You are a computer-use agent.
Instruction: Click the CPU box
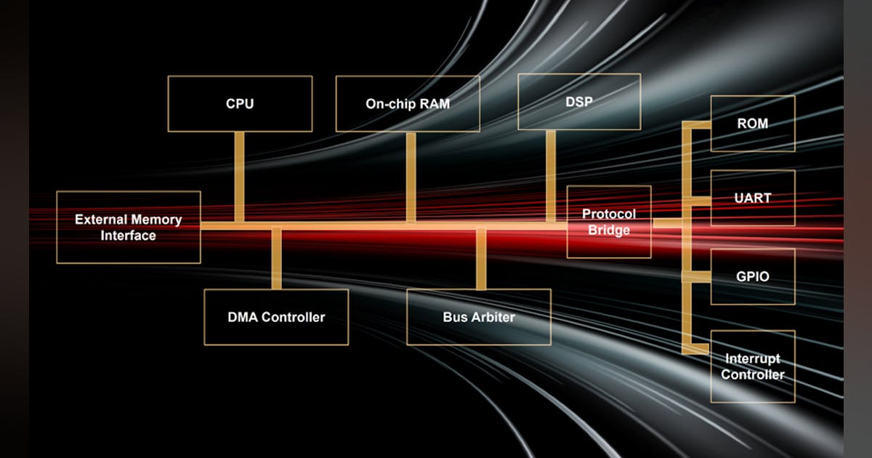pyautogui.click(x=240, y=104)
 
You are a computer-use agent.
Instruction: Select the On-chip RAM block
pyautogui.click(x=407, y=104)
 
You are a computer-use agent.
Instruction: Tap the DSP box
pyautogui.click(x=578, y=102)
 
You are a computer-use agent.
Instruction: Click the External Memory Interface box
pyautogui.click(x=128, y=227)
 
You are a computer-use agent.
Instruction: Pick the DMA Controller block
pyautogui.click(x=276, y=317)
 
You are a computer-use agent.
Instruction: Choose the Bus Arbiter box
pyautogui.click(x=479, y=317)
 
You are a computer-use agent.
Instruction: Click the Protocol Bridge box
pyautogui.click(x=608, y=222)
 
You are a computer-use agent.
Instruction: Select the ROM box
pyautogui.click(x=752, y=124)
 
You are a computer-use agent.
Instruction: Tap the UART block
pyautogui.click(x=752, y=198)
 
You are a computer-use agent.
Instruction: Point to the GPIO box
pyautogui.click(x=752, y=276)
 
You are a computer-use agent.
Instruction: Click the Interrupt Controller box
pyautogui.click(x=752, y=366)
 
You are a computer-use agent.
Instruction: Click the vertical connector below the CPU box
pyautogui.click(x=239, y=177)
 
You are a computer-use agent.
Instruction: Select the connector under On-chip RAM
pyautogui.click(x=411, y=177)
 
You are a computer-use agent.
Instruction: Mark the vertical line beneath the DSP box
pyautogui.click(x=551, y=174)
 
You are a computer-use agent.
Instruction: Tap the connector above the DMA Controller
pyautogui.click(x=276, y=259)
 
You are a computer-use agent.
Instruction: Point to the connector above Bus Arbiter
pyautogui.click(x=480, y=259)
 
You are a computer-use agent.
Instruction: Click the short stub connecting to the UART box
pyautogui.click(x=699, y=198)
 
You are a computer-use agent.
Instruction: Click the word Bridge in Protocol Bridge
pyautogui.click(x=609, y=230)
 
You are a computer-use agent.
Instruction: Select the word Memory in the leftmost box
pyautogui.click(x=156, y=220)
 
